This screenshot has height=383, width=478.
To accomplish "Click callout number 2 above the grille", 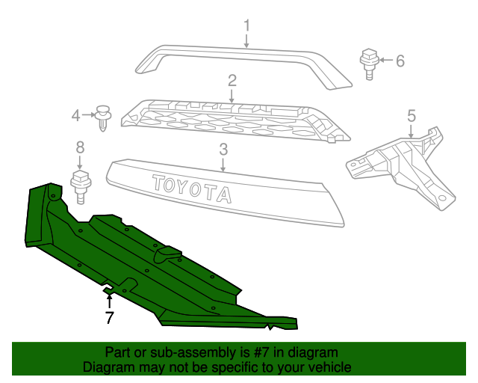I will pos(232,80).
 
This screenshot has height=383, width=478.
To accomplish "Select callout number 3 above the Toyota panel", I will pos(223,150).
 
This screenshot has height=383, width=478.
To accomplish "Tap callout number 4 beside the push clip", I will pos(75,115).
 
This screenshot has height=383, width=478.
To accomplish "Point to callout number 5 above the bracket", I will pos(411,115).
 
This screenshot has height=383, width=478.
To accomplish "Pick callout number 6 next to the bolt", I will pos(400,61).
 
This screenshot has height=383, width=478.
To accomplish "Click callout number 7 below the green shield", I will pos(110,317).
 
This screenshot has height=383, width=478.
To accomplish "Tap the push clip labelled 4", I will pos(103,117).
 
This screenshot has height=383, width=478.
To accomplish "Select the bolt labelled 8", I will pos(79,186).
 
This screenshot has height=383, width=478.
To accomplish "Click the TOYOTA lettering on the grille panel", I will pos(192,189).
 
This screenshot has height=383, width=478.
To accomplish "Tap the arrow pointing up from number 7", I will pos(110,301).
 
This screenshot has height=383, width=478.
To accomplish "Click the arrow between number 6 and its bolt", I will pos(385,60).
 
